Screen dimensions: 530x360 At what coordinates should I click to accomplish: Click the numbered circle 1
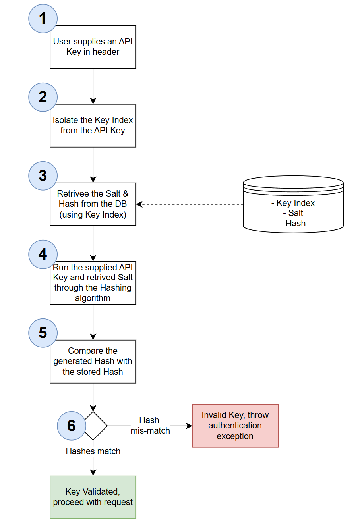(x=43, y=19)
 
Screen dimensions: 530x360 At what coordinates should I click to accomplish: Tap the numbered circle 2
(x=43, y=97)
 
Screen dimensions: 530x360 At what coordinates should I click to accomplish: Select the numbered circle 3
(x=43, y=176)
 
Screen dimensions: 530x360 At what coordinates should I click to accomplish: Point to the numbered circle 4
(x=43, y=254)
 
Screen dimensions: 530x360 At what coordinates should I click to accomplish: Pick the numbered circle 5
(x=43, y=333)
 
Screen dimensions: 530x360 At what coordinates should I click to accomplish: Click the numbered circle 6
(x=72, y=426)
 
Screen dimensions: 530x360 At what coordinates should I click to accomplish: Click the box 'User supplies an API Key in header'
(x=93, y=47)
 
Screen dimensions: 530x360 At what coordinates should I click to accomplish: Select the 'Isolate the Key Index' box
(x=93, y=126)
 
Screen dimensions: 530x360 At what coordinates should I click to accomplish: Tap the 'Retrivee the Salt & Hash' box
(x=93, y=204)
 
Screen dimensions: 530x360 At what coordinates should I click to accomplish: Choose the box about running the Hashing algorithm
(x=93, y=283)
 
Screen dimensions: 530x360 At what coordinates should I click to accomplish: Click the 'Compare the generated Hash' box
(x=93, y=362)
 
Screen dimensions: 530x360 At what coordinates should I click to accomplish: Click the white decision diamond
(x=95, y=426)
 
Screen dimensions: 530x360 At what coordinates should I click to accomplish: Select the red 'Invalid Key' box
(x=235, y=426)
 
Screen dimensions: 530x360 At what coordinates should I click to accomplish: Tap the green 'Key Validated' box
(x=93, y=497)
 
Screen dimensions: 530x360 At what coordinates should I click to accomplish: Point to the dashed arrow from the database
(x=191, y=204)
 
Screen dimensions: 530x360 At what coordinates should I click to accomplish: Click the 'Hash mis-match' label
(x=150, y=426)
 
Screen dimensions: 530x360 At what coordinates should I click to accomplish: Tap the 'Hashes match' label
(x=93, y=451)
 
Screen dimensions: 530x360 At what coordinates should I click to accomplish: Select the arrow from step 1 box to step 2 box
(x=93, y=86)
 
